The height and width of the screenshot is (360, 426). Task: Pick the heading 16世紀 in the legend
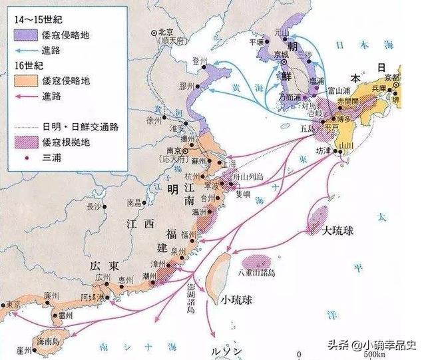point(26,68)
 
